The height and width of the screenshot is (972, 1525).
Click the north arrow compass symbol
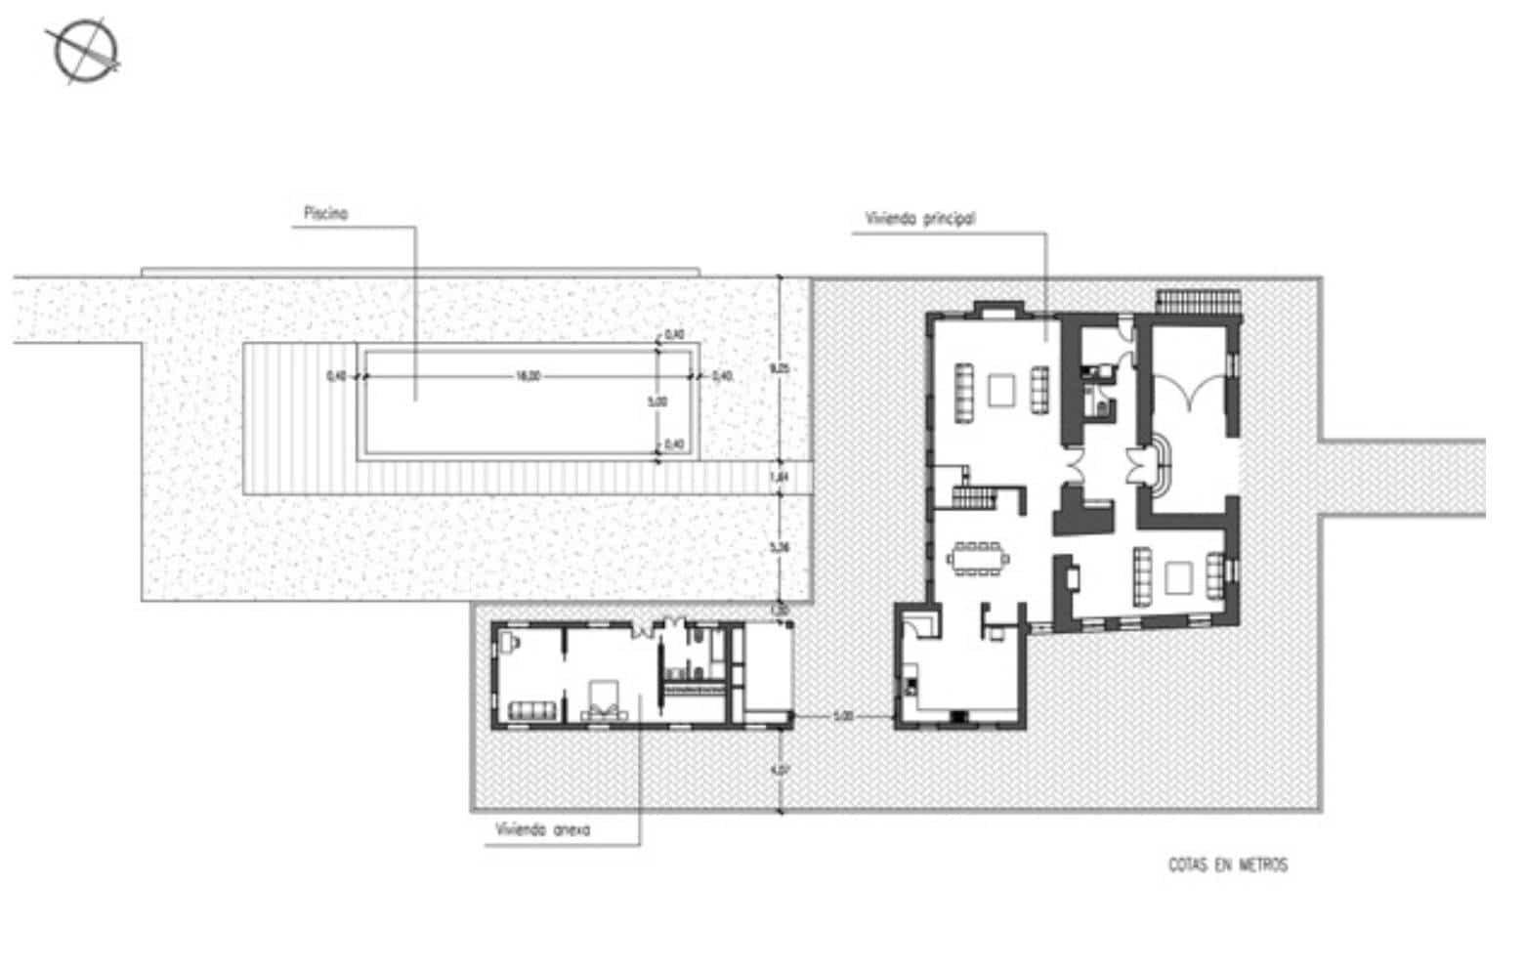pos(86,51)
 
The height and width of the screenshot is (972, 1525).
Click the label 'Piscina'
pos(325,214)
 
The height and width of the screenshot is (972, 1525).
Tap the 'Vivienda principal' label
pos(919,219)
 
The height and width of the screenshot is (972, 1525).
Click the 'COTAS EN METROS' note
pos(1227,865)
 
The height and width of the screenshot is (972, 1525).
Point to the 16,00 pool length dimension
pos(527,376)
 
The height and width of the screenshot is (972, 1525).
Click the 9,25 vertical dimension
pos(779,369)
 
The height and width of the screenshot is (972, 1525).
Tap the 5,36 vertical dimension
pos(779,548)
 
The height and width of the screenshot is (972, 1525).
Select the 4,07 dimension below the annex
pos(779,770)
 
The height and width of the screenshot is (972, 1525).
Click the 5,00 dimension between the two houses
pos(843,716)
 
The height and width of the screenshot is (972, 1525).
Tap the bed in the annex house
pos(603,701)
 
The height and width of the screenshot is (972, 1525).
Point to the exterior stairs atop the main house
pos(1199,299)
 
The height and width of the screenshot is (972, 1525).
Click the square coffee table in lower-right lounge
pos(1179,576)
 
